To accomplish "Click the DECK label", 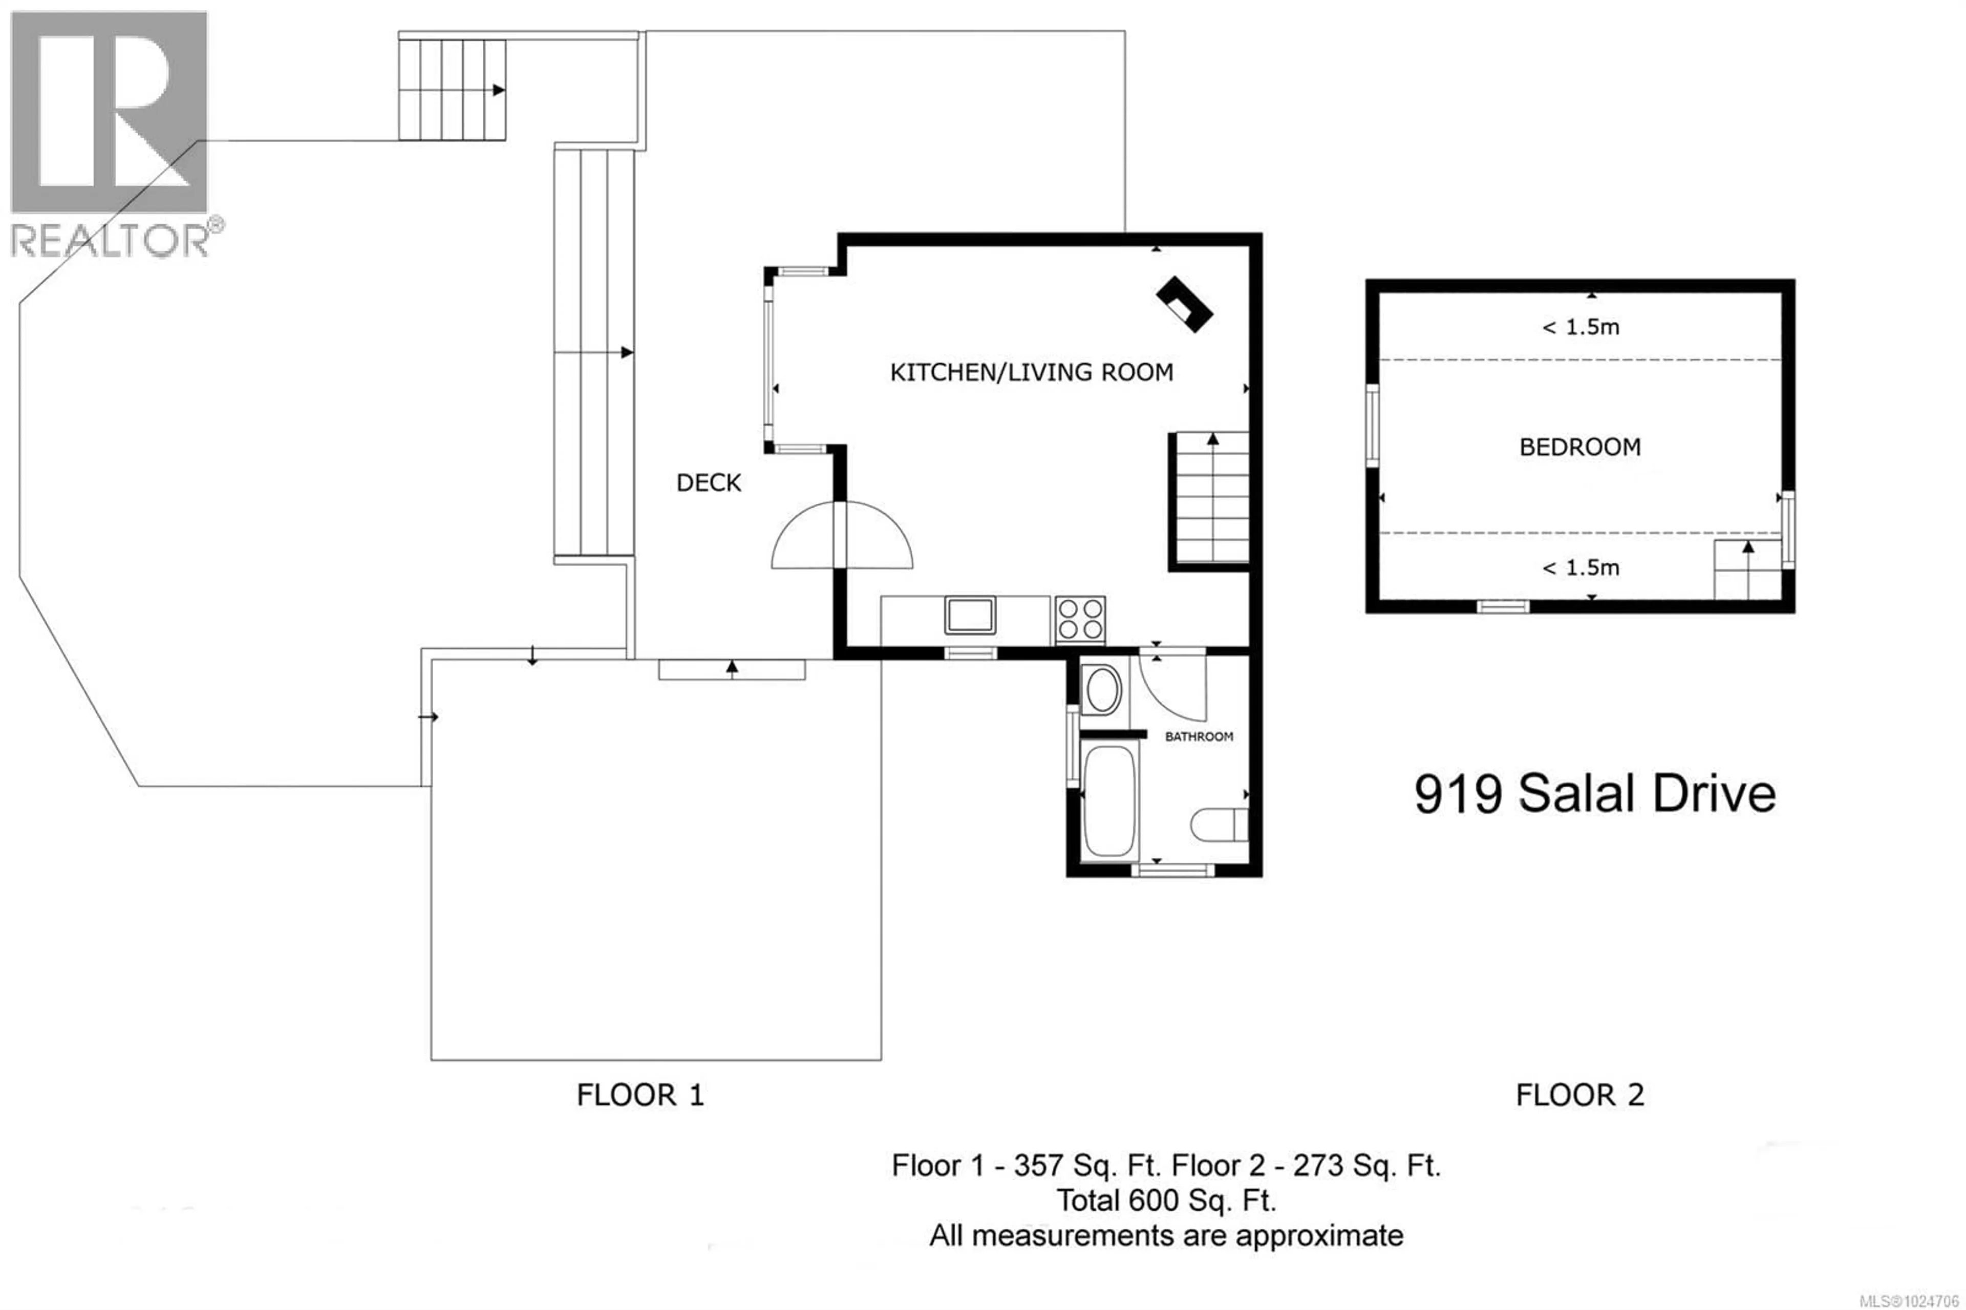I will pos(708,483).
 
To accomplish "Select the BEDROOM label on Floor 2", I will pos(1579,447).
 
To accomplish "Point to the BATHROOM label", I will pos(1199,736).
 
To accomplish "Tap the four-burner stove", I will pos(1079,619).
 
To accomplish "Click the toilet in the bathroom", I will pos(1219,825).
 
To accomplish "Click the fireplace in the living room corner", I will pos(1184,304).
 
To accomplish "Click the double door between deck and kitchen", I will pos(841,536).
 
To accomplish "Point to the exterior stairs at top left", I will pos(452,90).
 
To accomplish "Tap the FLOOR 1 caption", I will pos(640,1094).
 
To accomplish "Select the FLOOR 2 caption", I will pos(1579,1094).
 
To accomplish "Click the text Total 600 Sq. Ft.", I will pos(1166,1200).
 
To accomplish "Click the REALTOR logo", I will pos(110,134).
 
